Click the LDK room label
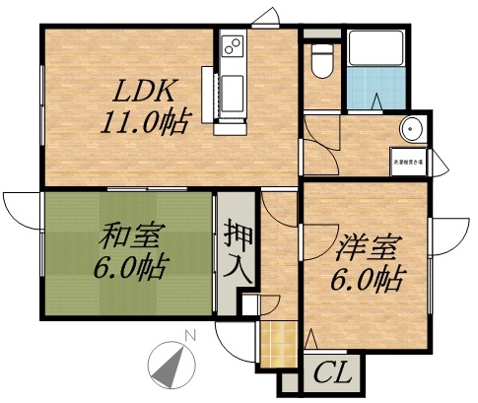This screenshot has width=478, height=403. tap(143, 93)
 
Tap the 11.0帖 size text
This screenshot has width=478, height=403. tap(145, 122)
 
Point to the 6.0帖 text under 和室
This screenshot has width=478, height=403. tap(131, 266)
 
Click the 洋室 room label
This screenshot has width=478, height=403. tap(368, 246)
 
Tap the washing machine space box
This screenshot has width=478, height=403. tap(409, 161)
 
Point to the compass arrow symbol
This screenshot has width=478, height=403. tap(171, 362)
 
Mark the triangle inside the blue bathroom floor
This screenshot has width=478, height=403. tap(379, 101)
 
